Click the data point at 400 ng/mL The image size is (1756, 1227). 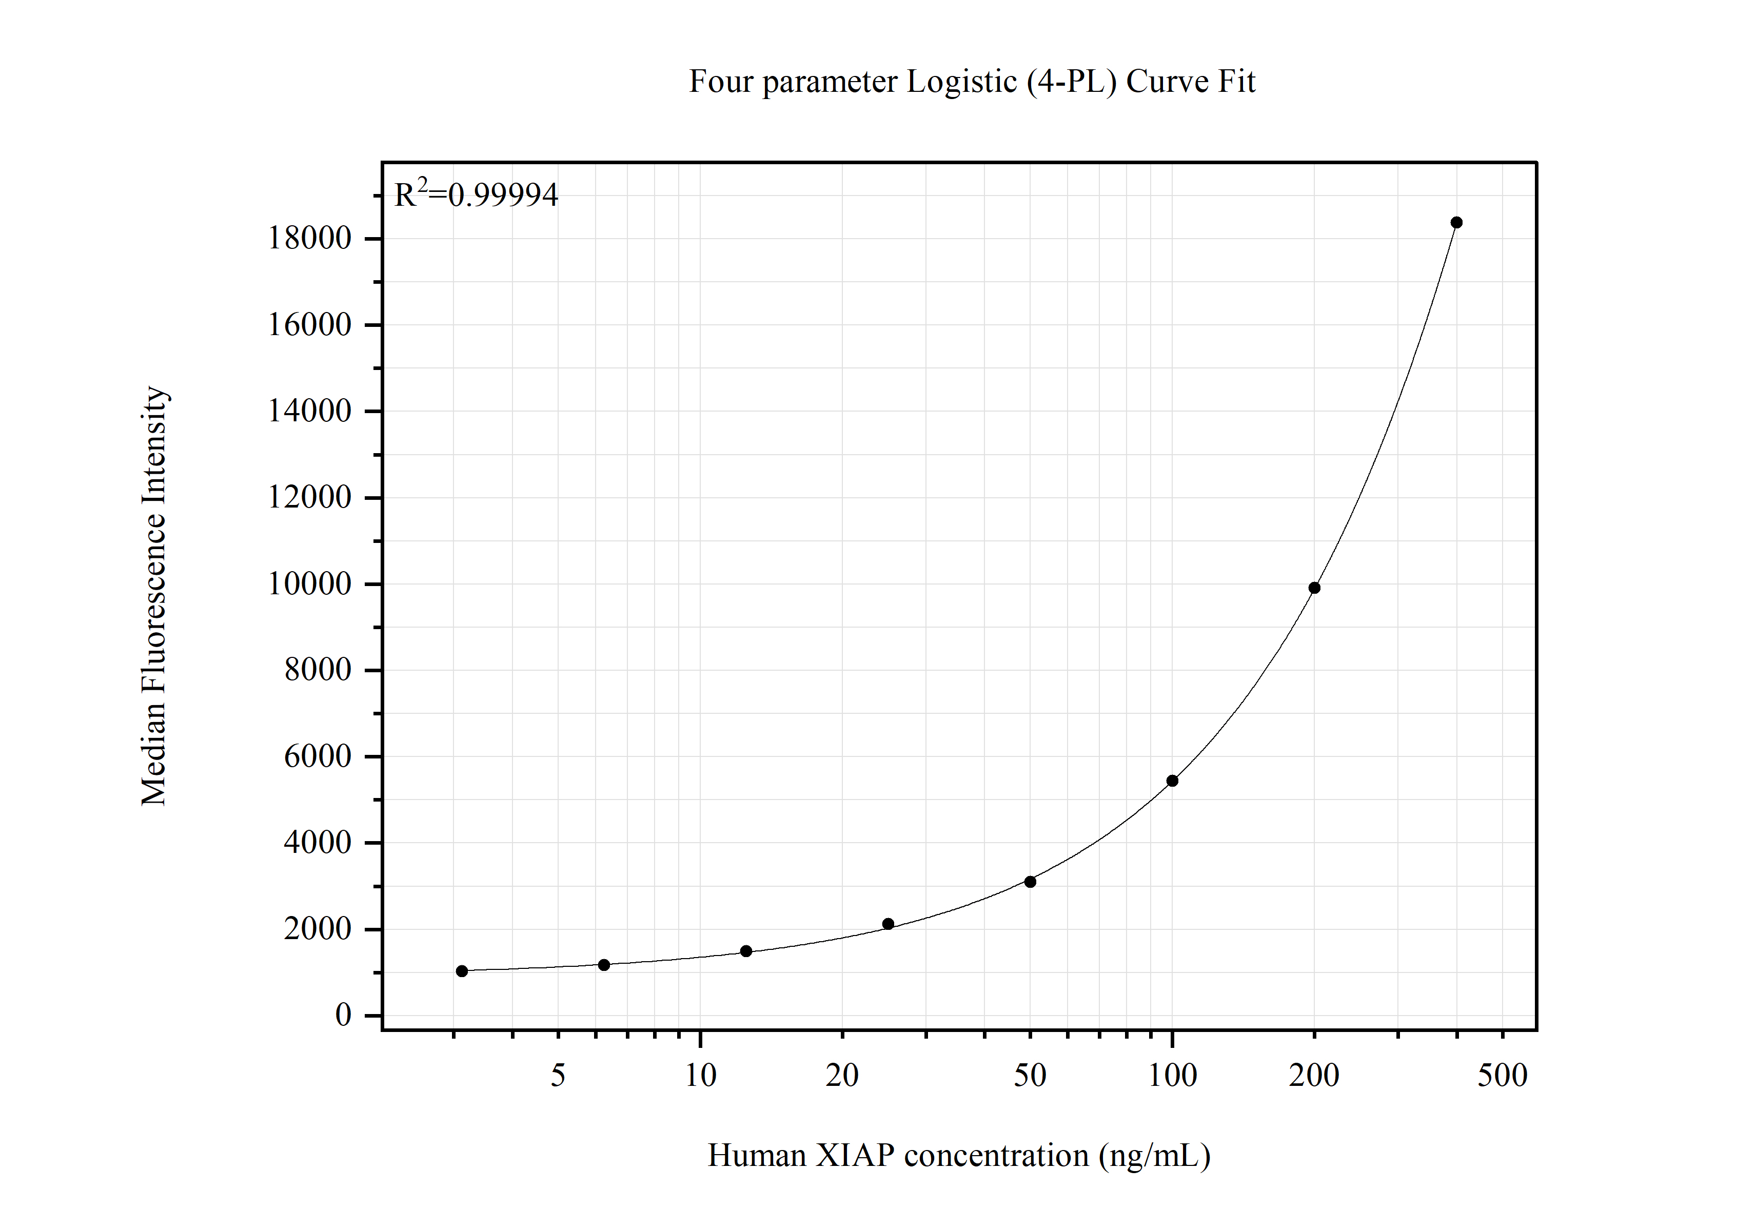tap(1456, 223)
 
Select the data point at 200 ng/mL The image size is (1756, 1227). tap(1314, 588)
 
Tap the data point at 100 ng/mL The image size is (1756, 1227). tap(1172, 780)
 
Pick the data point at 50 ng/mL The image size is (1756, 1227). tap(1030, 882)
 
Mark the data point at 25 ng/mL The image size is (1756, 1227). tap(888, 924)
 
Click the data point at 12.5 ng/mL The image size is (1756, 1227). tap(746, 951)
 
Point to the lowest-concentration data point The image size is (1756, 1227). tap(462, 971)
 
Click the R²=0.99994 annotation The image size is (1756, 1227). tap(476, 195)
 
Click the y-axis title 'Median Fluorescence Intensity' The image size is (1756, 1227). tap(154, 595)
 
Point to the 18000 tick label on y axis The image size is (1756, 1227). tap(309, 239)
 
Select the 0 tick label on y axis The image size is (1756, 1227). tap(343, 1015)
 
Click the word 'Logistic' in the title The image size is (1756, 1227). tap(961, 82)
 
